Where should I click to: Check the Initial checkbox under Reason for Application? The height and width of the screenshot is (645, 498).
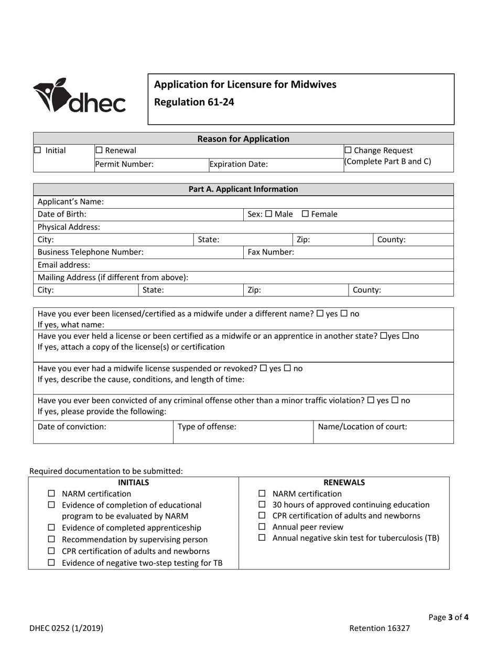37,150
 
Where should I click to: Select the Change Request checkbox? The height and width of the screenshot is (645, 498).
349,150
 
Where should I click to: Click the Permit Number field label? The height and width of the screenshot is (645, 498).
124,164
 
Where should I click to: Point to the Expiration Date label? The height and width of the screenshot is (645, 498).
239,164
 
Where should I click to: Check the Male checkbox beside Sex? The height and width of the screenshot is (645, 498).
269,214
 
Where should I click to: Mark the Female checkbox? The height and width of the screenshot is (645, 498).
306,214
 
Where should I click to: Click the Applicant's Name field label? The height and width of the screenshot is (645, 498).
71,201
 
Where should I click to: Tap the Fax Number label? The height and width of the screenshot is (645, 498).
270,252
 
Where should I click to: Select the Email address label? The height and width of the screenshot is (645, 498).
64,265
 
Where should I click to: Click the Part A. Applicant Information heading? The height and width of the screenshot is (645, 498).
243,189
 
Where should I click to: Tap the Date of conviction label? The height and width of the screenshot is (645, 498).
72,426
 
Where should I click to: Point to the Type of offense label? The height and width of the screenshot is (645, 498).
207,426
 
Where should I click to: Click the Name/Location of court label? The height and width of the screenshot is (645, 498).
363,426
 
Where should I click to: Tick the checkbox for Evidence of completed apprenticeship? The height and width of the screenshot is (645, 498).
51,528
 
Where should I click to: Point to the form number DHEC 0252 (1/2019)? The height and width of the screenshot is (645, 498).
66,628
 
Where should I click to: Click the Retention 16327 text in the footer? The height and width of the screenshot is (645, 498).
380,628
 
